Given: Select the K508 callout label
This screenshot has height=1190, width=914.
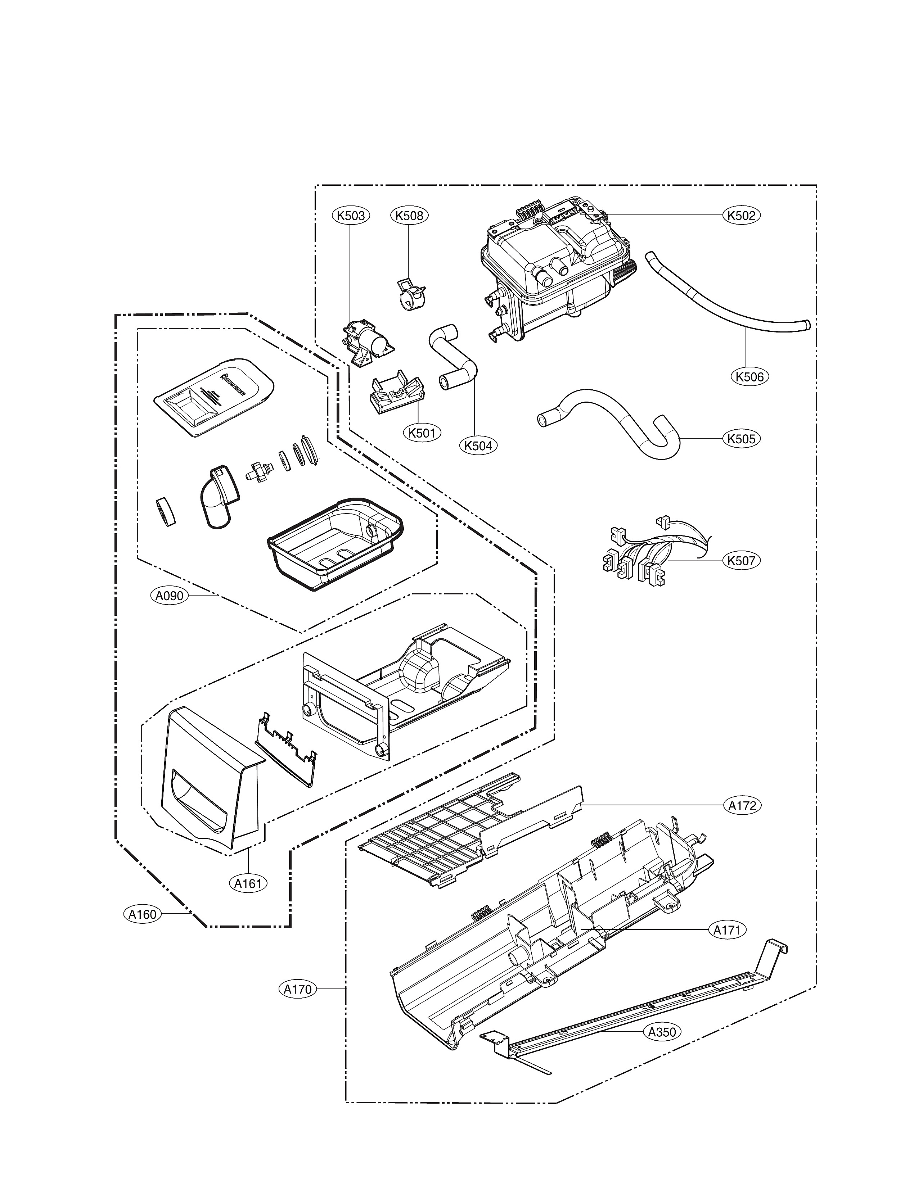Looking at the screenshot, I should click(x=409, y=216).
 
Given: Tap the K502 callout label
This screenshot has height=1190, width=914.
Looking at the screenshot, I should click(x=742, y=216).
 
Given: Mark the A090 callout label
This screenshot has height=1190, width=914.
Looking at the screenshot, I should click(x=169, y=596).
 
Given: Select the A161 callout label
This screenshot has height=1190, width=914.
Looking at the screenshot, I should click(x=248, y=884).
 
